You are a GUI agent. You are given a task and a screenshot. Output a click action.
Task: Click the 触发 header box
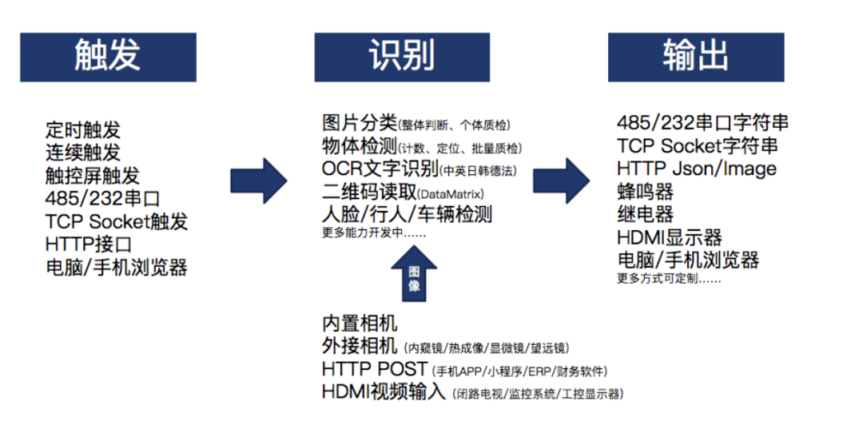[108, 57]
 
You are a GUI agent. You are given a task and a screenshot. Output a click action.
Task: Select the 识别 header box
[402, 57]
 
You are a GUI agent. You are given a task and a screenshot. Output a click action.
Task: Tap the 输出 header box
[695, 57]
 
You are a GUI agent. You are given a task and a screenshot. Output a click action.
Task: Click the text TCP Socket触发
[117, 221]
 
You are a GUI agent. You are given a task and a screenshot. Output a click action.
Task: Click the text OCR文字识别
[380, 169]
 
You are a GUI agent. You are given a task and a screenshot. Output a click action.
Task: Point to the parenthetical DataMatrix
[451, 193]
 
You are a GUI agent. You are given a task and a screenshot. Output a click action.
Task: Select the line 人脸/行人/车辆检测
[407, 214]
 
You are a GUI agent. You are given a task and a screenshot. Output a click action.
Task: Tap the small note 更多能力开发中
[374, 234]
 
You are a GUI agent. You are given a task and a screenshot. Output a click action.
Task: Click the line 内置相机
[360, 324]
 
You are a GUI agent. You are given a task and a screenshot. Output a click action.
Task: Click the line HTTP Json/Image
[697, 169]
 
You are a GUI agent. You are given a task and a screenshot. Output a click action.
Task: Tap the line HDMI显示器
[670, 237]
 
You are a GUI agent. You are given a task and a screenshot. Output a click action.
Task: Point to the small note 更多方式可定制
[669, 279]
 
